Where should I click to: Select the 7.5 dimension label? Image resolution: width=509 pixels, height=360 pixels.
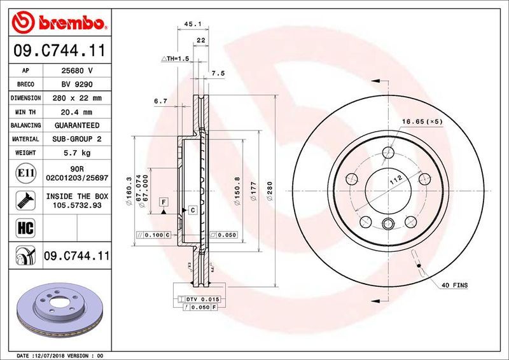(x=218, y=73)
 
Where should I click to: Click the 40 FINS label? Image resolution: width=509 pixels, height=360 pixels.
(x=454, y=286)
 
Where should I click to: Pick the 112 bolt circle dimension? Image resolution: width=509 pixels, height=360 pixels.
(x=394, y=183)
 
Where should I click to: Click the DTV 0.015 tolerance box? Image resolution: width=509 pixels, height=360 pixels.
(x=202, y=299)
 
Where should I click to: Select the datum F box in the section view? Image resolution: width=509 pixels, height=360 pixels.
(x=164, y=202)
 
